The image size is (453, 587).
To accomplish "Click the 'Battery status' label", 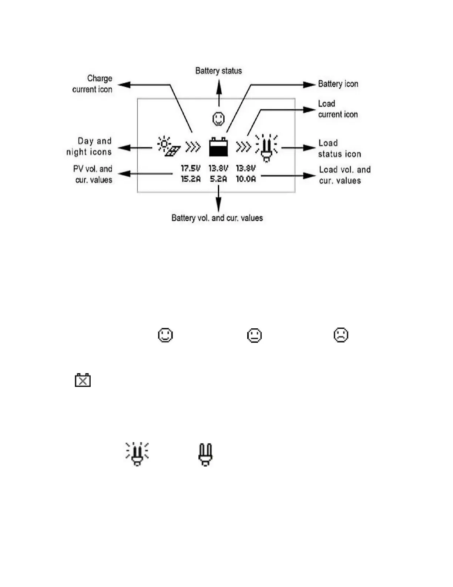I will click(x=218, y=71).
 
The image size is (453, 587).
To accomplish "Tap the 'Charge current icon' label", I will click(x=93, y=84).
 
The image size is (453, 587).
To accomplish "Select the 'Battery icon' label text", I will click(x=338, y=84).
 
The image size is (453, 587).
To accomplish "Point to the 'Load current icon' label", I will click(x=338, y=109).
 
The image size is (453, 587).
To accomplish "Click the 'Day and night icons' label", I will click(x=89, y=146).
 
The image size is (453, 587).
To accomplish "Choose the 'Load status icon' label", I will click(x=339, y=148).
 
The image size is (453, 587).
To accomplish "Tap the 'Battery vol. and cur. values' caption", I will click(x=217, y=218).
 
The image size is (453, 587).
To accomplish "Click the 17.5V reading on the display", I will click(x=191, y=168).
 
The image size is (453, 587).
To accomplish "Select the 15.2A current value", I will click(x=191, y=179).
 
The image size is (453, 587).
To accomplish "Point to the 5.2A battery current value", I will click(x=218, y=179).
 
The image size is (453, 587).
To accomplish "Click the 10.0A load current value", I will click(x=246, y=179).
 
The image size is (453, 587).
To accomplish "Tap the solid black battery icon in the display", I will click(x=218, y=147).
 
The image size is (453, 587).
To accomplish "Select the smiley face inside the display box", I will click(x=218, y=119).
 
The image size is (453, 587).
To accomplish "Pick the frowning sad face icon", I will click(x=341, y=335).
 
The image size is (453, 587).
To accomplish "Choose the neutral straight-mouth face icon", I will click(x=254, y=335).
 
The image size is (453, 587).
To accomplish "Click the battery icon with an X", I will click(x=83, y=380).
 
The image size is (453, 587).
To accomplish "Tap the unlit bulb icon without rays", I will click(x=205, y=454).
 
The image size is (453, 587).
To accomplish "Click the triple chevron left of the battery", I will click(x=193, y=147).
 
